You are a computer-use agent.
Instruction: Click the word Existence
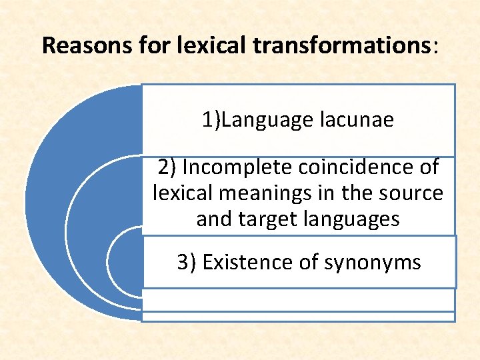point(247,262)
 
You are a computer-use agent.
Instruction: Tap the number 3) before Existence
point(186,262)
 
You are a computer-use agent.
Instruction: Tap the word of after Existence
point(309,262)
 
